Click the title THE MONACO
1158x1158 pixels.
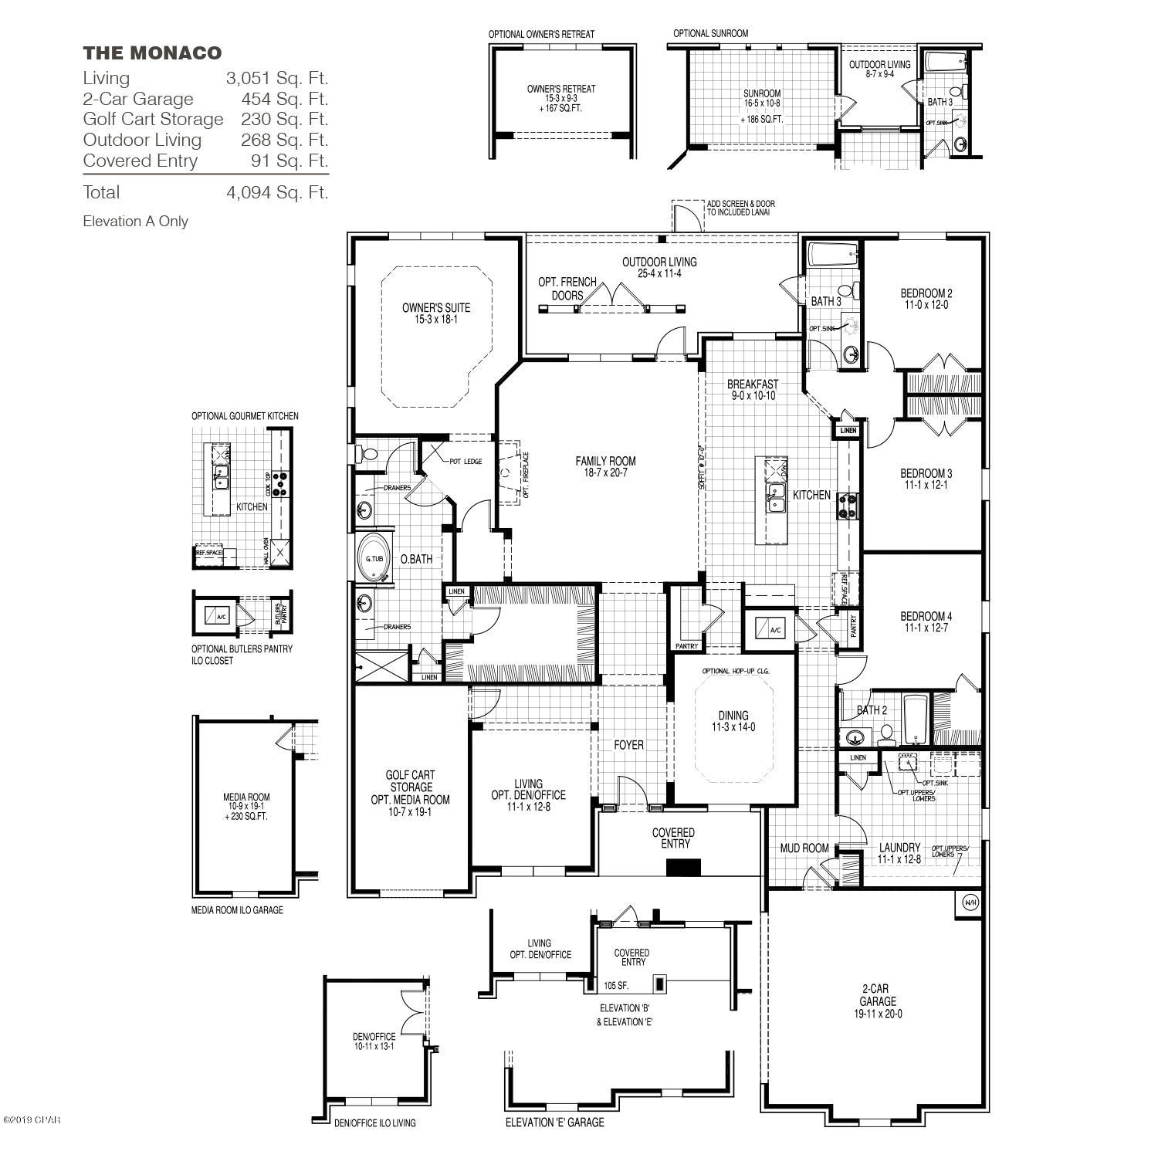pos(152,52)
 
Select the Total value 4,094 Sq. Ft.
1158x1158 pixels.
pos(277,192)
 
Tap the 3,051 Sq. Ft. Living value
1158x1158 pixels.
pos(277,78)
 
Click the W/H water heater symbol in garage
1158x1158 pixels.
pos(970,902)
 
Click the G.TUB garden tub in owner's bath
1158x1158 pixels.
pos(374,558)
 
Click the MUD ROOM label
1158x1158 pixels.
pos(804,848)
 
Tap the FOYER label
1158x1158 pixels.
pos(628,745)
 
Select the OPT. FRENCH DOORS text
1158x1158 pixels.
pos(567,288)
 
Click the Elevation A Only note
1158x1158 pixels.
pos(136,222)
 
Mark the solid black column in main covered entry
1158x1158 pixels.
pos(683,867)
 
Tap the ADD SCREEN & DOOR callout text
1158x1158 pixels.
pos(740,208)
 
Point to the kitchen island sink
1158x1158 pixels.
pos(776,498)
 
